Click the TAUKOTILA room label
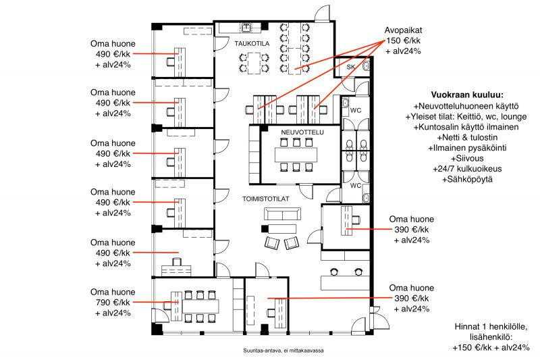coord(252,44)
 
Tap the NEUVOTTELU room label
coord(302,132)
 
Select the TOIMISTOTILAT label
coord(265,199)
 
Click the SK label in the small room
coord(350,67)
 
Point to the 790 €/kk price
coord(113,303)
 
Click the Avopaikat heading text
coord(403,30)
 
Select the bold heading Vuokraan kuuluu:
coord(467,95)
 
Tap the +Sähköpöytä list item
coord(467,179)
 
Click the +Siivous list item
coord(467,159)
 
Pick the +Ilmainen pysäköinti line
coord(467,148)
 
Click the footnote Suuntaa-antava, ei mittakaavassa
coord(283,351)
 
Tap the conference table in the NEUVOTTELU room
coord(296,155)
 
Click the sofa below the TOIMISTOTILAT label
coord(282,214)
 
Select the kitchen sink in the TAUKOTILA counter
coord(246,27)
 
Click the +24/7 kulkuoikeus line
coord(467,169)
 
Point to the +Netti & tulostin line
coord(467,138)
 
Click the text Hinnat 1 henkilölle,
coord(491,327)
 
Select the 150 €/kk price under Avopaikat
coord(403,41)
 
